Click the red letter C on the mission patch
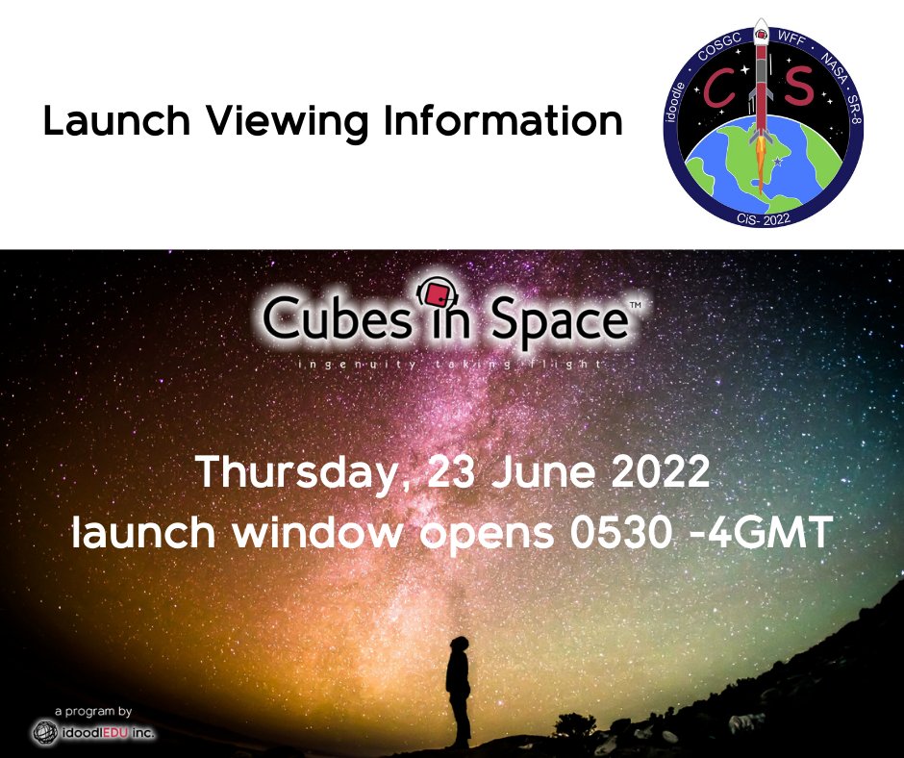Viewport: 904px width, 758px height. point(718,88)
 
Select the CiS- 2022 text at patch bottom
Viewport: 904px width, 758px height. point(763,217)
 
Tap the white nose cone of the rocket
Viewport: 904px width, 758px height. point(760,27)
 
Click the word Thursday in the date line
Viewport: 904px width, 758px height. point(293,473)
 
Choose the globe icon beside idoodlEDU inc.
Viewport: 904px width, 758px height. point(42,732)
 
